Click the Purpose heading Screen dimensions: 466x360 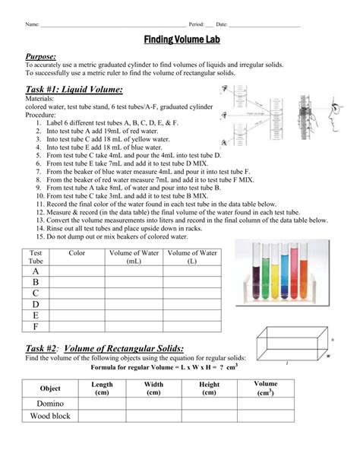click(45, 56)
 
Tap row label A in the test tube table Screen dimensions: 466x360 click(35, 271)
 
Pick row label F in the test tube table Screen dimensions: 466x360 click(35, 327)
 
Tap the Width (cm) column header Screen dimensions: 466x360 click(153, 389)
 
